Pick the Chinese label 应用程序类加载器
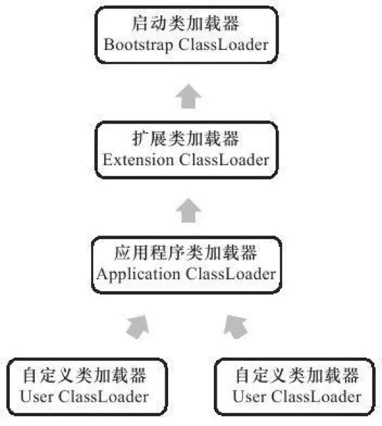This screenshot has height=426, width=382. tap(186, 253)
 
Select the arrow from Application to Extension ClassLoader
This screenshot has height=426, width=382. tap(185, 210)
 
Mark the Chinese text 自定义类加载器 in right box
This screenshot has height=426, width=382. tap(297, 377)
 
